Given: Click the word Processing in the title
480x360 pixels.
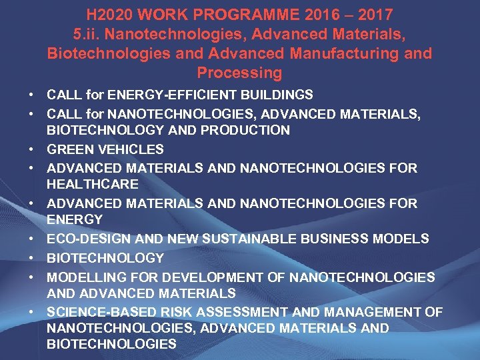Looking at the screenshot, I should [239, 72].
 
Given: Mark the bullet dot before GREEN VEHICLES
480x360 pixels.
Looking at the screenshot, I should [31, 149].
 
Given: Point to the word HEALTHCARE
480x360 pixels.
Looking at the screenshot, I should [93, 184].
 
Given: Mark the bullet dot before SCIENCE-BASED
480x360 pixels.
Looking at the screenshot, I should [31, 312].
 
